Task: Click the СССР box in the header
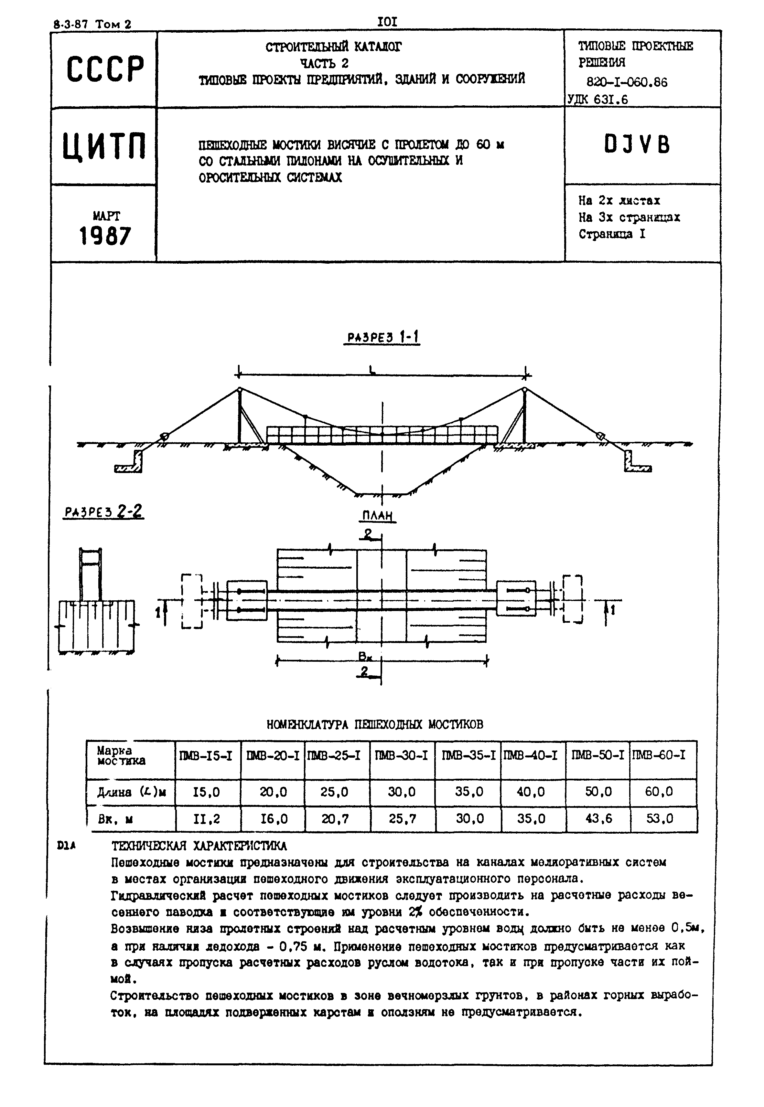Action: [x=104, y=69]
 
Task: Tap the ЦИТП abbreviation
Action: [x=104, y=146]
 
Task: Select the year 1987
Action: [x=105, y=236]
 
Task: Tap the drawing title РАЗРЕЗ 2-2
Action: [x=103, y=512]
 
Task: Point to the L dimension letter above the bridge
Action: [x=372, y=369]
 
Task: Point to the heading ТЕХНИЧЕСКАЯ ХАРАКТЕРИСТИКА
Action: [x=199, y=846]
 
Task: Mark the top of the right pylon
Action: [x=525, y=389]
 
